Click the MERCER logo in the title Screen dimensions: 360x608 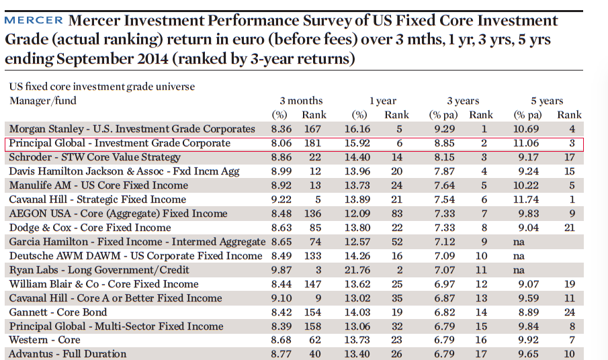[x=34, y=21]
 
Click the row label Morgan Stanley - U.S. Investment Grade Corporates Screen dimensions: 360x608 [x=132, y=129]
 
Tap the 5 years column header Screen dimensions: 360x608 [x=547, y=101]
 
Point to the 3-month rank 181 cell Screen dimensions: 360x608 [x=312, y=143]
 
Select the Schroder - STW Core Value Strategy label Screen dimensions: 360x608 [x=95, y=157]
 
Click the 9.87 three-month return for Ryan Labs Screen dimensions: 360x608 [x=283, y=270]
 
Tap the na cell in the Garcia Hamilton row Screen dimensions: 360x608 [x=519, y=242]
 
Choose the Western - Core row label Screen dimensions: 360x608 [x=44, y=341]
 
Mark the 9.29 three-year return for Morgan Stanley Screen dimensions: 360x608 [x=445, y=129]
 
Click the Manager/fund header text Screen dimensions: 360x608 [x=43, y=101]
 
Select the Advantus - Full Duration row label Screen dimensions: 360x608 [x=68, y=354]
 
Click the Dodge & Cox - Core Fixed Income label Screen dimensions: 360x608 [x=81, y=228]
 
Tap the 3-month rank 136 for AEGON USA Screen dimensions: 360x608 [x=312, y=214]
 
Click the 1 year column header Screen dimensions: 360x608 [x=383, y=101]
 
